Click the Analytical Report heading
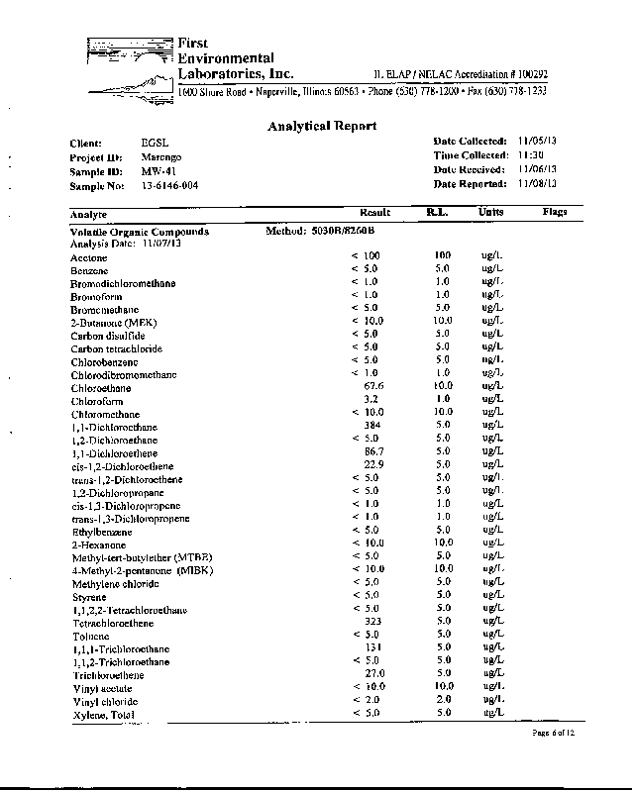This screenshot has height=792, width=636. [x=322, y=126]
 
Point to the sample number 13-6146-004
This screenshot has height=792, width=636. [x=169, y=185]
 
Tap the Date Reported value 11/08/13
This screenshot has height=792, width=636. [x=538, y=184]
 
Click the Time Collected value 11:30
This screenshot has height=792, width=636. [x=532, y=155]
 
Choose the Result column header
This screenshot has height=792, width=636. [x=373, y=213]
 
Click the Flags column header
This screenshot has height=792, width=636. [x=555, y=213]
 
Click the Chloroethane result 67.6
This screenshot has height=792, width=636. [x=373, y=386]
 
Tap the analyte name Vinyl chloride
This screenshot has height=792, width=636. [x=104, y=701]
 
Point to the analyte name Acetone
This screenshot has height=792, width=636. [x=89, y=256]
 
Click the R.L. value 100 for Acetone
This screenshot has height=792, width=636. [x=443, y=255]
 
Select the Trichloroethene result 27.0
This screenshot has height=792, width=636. [x=373, y=673]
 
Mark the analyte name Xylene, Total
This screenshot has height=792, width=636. [x=102, y=714]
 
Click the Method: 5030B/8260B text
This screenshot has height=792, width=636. [x=322, y=231]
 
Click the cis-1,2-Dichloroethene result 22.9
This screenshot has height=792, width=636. [x=373, y=464]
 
